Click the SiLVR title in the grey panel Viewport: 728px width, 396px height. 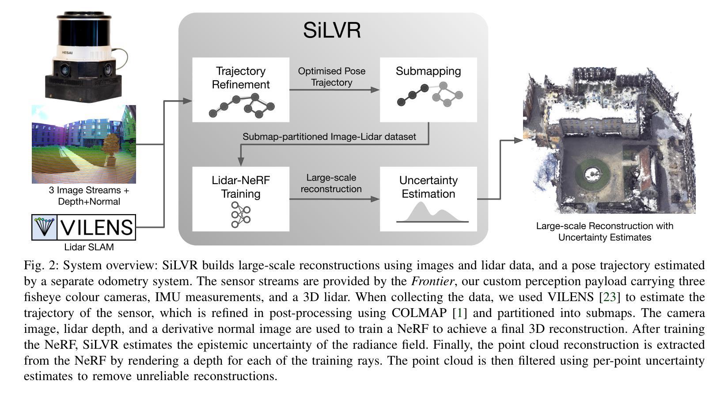coord(332,30)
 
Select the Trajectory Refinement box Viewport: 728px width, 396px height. coord(241,90)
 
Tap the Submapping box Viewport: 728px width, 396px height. coord(428,90)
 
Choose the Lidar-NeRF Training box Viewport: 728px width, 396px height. coord(241,199)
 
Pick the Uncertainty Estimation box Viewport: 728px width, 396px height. coord(428,199)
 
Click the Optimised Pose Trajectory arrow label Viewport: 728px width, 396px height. coord(332,77)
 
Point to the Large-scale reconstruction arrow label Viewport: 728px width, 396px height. coord(331,183)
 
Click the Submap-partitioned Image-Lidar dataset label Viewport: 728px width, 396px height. coord(329,137)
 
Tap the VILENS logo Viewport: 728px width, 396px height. coord(84,227)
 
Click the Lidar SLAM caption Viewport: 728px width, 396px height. coord(89,247)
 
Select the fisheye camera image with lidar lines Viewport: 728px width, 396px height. coord(84,144)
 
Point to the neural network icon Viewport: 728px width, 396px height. coord(241,215)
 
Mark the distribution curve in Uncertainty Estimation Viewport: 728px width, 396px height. coord(431,213)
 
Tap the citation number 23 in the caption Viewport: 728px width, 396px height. coord(609,297)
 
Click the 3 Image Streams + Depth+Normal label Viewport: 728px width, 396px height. coord(89,196)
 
